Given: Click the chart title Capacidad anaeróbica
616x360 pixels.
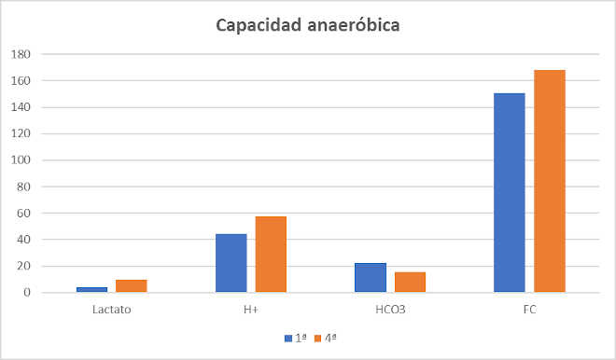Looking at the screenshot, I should [308, 25].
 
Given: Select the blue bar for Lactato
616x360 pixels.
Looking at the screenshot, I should [91, 289].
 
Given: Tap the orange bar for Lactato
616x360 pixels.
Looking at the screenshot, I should [132, 285].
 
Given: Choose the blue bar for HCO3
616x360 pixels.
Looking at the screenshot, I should [371, 278].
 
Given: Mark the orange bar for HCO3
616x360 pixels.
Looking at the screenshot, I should [410, 282].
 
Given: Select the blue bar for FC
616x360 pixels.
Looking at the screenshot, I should [510, 193].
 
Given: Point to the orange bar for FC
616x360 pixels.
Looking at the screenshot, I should [550, 181].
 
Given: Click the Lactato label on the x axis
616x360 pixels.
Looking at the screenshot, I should [112, 309].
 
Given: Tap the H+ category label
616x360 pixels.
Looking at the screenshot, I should [251, 309].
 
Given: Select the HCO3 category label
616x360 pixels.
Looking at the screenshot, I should [390, 309].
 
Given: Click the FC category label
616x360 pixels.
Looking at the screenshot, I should [529, 309].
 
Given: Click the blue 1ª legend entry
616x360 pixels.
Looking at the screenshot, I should [296, 337].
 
